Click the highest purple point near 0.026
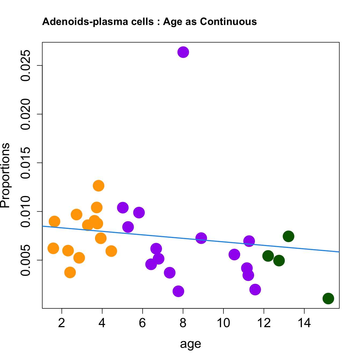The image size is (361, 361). [x=183, y=52]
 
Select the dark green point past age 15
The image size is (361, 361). [x=328, y=298]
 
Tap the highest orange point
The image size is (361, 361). [x=99, y=186]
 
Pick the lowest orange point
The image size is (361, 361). [x=70, y=273]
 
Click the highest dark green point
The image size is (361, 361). [x=288, y=236]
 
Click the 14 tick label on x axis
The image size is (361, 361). [x=304, y=323]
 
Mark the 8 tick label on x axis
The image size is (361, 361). [x=183, y=323]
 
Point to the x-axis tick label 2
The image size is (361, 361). [x=62, y=323]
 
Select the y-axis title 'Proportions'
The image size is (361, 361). [x=5, y=175]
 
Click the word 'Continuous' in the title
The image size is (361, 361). [x=228, y=21]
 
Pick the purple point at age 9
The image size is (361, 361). [x=201, y=238]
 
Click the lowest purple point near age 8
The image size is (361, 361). [x=178, y=291]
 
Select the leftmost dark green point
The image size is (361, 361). [x=268, y=256]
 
